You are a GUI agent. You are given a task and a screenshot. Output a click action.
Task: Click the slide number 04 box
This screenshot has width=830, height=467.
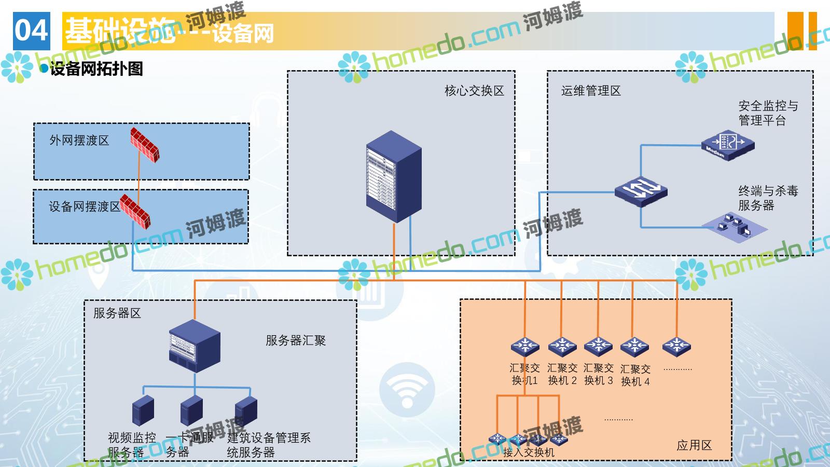(31, 31)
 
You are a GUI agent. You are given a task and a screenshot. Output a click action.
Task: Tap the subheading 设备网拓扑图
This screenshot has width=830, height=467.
(96, 69)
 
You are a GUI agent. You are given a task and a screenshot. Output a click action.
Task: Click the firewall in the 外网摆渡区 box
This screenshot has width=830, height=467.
(144, 145)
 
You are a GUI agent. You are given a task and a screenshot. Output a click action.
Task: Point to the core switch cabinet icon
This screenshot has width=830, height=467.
(394, 176)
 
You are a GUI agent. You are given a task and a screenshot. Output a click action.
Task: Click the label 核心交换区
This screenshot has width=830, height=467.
(474, 91)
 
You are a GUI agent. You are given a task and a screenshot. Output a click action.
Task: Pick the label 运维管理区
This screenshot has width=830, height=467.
(591, 91)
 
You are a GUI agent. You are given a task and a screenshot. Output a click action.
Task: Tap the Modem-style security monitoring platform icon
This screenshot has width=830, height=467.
(727, 145)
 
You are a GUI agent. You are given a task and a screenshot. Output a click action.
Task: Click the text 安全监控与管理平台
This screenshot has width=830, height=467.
(768, 113)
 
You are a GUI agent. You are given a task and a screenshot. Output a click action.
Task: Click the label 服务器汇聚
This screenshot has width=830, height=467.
(296, 341)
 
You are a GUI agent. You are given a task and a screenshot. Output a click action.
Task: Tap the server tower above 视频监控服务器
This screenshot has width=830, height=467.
(143, 411)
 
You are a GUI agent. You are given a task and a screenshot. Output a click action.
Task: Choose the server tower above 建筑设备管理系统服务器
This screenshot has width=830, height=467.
(246, 411)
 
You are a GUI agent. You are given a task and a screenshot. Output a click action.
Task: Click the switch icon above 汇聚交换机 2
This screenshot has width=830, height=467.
(562, 346)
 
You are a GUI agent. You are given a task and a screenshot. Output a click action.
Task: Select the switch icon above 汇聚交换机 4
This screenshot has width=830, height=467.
(634, 346)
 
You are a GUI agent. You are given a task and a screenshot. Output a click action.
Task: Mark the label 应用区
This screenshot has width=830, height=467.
(694, 445)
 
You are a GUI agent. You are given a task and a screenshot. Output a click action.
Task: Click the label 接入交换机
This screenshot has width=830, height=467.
(529, 452)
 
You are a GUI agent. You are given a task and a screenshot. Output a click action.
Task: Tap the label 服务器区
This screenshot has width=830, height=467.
(117, 313)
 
